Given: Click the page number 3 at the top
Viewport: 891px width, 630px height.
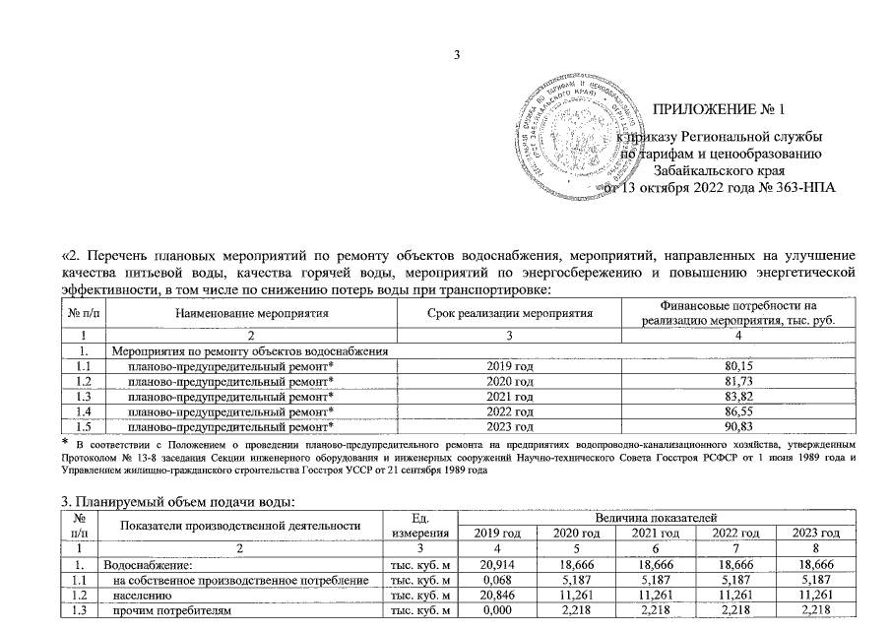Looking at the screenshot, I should click(456, 53).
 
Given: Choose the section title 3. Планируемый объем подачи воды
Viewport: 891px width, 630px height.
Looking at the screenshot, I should click(178, 503).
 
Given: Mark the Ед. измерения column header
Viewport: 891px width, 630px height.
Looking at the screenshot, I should click(418, 525).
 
